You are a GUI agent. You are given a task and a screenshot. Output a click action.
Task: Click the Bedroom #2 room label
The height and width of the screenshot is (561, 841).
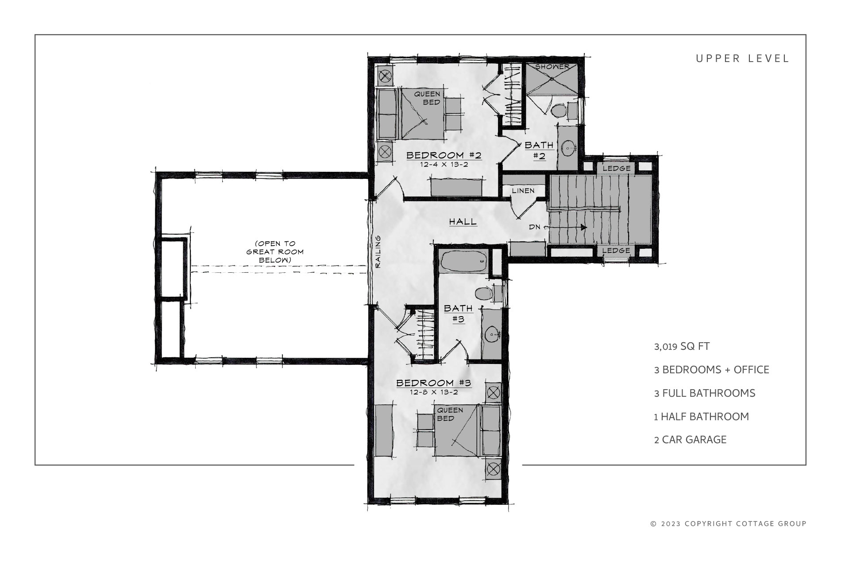(444, 155)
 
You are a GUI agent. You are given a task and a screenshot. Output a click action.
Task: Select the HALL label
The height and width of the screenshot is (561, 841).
(463, 221)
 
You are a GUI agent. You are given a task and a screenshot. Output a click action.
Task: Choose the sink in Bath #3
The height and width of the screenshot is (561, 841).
(492, 335)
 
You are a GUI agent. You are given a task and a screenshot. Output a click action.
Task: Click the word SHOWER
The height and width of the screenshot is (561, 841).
(552, 67)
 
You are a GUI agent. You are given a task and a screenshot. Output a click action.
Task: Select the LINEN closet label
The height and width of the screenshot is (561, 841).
(524, 191)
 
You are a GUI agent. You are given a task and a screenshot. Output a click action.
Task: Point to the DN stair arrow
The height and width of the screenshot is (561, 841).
(566, 227)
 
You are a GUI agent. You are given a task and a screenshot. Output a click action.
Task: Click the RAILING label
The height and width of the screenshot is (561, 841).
(378, 252)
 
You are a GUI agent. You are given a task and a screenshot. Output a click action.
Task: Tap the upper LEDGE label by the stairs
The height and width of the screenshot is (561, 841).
(616, 168)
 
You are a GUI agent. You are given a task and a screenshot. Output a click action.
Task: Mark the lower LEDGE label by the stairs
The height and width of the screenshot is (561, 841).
(616, 251)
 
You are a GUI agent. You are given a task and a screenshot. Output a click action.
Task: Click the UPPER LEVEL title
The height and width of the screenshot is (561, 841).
(743, 59)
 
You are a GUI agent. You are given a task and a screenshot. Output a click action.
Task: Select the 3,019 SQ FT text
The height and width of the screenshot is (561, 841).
(682, 346)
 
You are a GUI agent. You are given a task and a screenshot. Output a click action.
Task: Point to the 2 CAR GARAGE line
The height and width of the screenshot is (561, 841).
(691, 440)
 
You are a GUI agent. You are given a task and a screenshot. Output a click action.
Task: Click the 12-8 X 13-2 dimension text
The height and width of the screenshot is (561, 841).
(434, 392)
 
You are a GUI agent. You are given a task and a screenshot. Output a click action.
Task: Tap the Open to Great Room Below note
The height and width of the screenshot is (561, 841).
(274, 252)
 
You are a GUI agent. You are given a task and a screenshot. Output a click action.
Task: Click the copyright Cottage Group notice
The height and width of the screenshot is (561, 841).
(729, 524)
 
